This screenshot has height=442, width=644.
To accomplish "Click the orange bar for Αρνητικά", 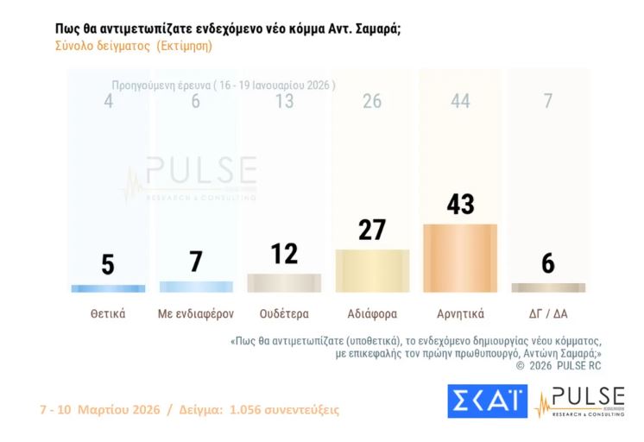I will coord(460,258).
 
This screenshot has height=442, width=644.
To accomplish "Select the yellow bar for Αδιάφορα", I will coord(372,271).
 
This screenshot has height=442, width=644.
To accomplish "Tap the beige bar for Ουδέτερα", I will coord(284,283).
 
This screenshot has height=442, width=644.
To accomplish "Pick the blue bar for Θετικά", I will coord(108,288).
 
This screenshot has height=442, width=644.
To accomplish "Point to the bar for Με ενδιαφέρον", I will coord(196,287).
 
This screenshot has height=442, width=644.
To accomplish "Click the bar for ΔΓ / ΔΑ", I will coord(548,287).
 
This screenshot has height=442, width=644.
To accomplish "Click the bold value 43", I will coord(460,205).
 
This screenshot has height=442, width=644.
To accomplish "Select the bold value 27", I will coord(372,230).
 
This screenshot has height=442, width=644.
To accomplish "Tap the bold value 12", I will coord(284,254).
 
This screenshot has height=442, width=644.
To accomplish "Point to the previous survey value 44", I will coord(460,102).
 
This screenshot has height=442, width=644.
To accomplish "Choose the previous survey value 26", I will coord(372,102).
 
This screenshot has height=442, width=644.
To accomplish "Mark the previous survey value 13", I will coord(284,102).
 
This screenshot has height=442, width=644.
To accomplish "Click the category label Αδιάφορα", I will coord(372,313).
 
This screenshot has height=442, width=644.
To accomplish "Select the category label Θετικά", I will coord(108,313).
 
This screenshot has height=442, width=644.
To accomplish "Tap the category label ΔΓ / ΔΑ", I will coord(548,313).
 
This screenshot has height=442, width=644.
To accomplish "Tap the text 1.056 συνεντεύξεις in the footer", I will coord(284,409).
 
